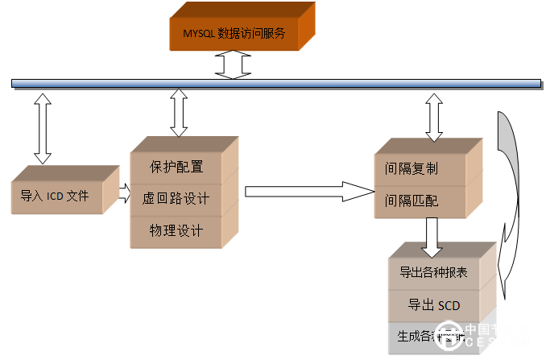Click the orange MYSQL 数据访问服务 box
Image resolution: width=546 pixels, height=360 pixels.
[x=234, y=34]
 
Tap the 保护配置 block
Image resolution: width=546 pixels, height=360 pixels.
[x=176, y=168]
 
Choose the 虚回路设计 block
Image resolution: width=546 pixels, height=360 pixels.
[x=176, y=198]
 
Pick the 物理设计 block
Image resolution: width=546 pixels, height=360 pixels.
[x=176, y=230]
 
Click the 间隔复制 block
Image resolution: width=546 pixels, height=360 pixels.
[x=419, y=169]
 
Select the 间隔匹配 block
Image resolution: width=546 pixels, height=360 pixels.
[x=419, y=201]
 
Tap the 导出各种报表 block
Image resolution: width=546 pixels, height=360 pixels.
[x=435, y=272]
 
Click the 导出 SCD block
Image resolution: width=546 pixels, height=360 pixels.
[x=435, y=304]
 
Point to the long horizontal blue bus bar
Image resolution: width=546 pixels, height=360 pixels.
[x=274, y=83]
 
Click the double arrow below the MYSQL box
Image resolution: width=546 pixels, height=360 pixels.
[x=234, y=63]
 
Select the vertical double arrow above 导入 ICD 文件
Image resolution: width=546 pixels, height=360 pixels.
[x=42, y=127]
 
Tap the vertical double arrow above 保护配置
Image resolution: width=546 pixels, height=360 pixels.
[x=179, y=114]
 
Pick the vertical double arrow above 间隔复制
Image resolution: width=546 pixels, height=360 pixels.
[x=434, y=116]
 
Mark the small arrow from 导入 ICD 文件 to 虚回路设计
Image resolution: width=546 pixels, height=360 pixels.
[x=123, y=192]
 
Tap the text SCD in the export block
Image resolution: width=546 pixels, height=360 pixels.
[x=449, y=304]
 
